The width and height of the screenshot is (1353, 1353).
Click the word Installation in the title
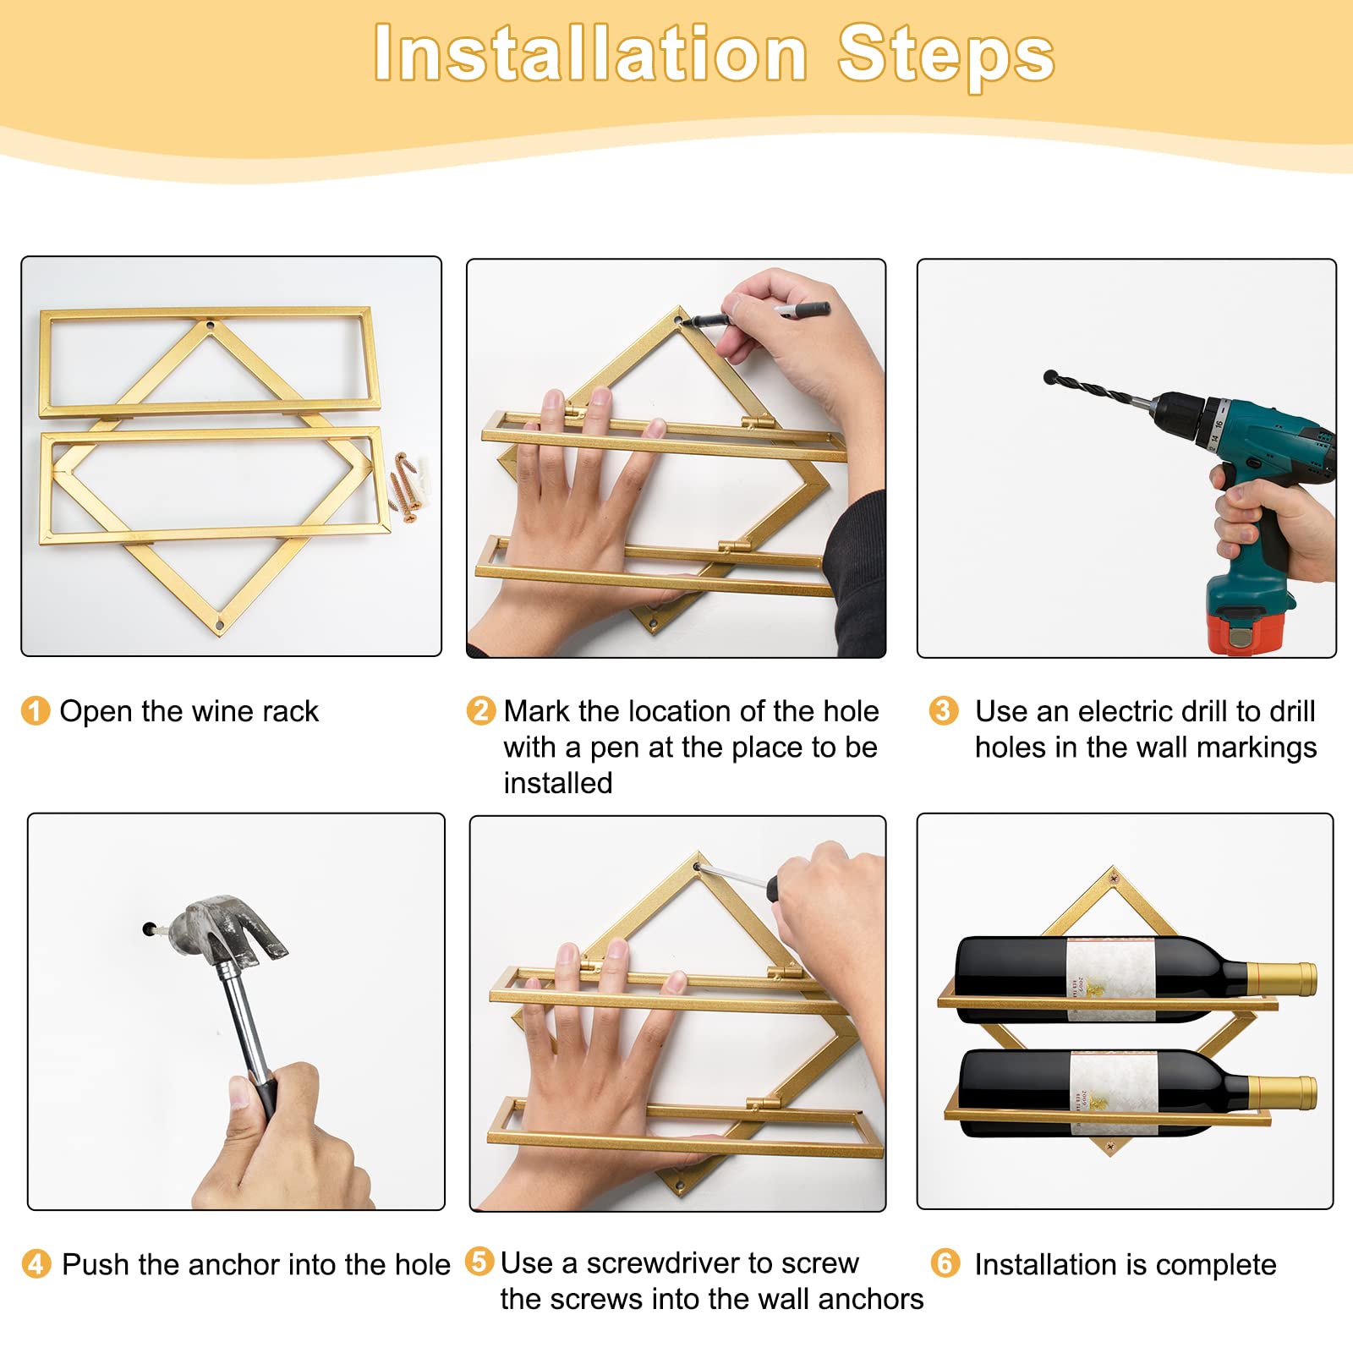[x=590, y=54]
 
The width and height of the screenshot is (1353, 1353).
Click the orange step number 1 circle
[x=36, y=711]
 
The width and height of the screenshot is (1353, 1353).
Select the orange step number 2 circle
[x=480, y=710]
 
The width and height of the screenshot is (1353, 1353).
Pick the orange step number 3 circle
[x=943, y=710]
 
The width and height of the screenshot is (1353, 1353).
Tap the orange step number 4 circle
[x=36, y=1264]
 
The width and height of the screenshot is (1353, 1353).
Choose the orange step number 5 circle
[x=479, y=1262]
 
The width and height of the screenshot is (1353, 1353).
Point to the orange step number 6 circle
[x=945, y=1263]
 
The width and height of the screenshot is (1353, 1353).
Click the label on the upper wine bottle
[x=1111, y=979]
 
